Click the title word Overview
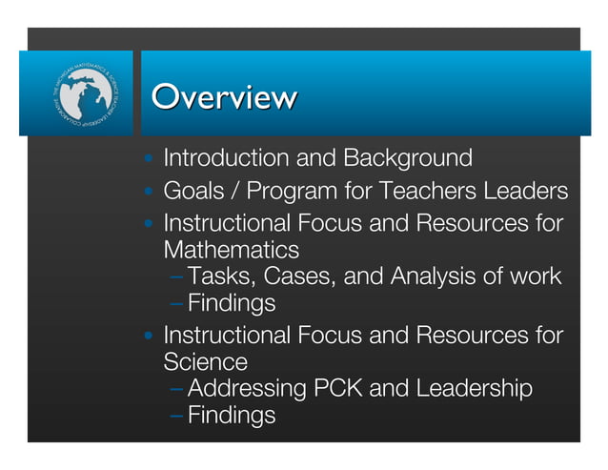[x=224, y=97]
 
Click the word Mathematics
[x=231, y=251]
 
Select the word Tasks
[x=220, y=277]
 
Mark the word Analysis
[x=429, y=277]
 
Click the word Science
[x=205, y=362]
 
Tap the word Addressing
[x=248, y=389]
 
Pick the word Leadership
[x=475, y=389]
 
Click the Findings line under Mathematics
[x=232, y=304]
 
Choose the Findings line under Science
[x=232, y=416]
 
